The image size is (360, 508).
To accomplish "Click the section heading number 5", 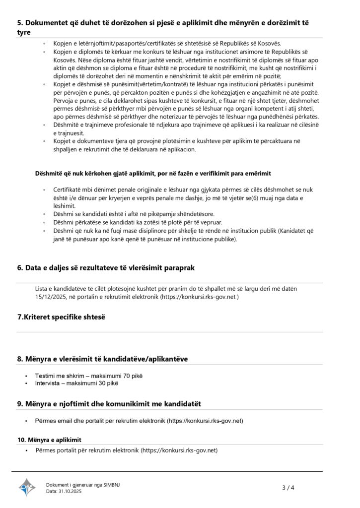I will pos(20,23).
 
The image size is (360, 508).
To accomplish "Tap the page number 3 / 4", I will pos(288,488).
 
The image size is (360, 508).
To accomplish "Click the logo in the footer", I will pos(27,487).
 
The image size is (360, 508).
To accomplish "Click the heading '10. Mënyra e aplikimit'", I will pos(49,440).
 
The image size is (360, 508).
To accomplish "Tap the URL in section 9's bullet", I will pos(205,421).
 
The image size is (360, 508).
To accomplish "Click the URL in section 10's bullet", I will pos(179,450).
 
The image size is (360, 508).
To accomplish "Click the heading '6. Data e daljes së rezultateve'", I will pos(106,267).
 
